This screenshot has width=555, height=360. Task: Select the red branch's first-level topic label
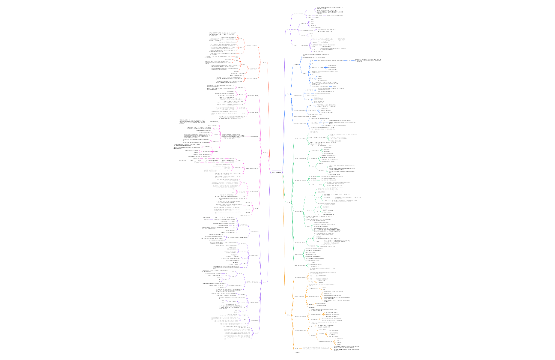[264, 62]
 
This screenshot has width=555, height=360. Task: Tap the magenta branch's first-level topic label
[265, 152]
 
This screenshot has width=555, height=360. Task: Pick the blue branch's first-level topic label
[288, 94]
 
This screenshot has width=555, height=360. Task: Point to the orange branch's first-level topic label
[288, 315]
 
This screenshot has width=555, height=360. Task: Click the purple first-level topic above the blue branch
[288, 30]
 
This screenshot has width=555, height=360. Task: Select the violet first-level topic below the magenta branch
[265, 282]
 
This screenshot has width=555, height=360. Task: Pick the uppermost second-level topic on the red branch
[252, 46]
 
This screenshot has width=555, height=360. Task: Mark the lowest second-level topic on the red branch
[252, 78]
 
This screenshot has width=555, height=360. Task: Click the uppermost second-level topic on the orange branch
[300, 277]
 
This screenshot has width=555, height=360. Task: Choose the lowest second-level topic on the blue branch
[300, 124]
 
